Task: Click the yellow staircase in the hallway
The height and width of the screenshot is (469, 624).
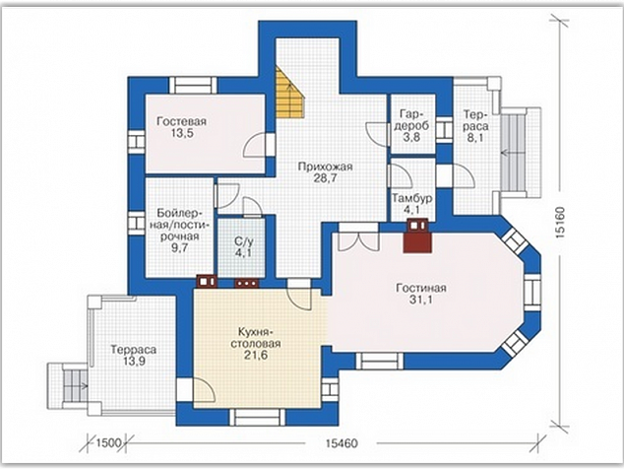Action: [288, 96]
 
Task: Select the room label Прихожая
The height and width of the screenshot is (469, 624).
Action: [325, 167]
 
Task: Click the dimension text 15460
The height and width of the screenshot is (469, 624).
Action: [342, 443]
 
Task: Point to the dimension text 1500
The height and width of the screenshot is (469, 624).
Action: [108, 442]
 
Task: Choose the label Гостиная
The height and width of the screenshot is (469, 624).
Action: [421, 288]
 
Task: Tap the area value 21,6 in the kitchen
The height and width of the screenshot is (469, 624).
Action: [256, 355]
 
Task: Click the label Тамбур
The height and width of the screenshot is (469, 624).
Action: [411, 198]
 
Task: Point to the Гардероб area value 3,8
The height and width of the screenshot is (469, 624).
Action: [411, 138]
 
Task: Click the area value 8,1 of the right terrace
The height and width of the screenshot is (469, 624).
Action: [476, 139]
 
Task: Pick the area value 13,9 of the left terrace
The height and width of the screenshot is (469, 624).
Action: [134, 362]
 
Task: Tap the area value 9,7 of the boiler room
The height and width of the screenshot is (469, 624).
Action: [178, 248]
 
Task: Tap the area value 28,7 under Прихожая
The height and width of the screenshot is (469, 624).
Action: [325, 178]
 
